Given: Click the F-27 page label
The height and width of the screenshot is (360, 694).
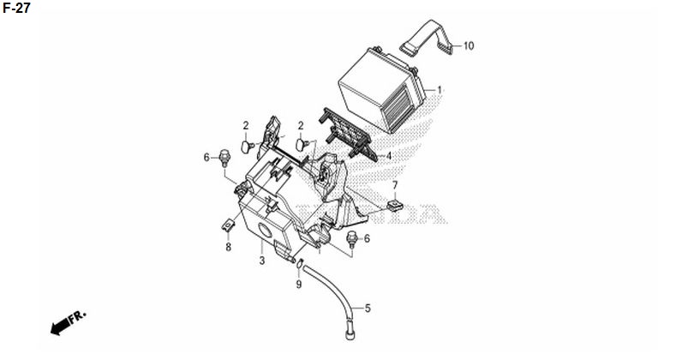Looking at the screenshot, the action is tap(16, 8).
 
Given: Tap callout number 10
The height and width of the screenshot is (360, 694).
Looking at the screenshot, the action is tap(469, 45).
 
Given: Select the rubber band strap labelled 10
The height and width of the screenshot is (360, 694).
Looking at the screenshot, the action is tap(428, 38).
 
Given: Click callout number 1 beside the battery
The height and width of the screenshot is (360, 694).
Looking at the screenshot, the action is tap(440, 90).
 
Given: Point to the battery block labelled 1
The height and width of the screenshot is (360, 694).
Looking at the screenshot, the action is tap(381, 91).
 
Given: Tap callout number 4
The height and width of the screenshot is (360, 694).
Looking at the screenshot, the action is tap(389, 156).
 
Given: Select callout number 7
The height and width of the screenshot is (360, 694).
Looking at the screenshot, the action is tap(395, 185).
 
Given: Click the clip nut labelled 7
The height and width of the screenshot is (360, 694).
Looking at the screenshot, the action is tap(394, 205).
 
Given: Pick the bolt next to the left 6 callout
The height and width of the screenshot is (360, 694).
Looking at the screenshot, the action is tap(224, 158).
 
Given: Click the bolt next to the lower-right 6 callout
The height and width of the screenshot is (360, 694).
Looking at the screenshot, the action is tap(353, 239).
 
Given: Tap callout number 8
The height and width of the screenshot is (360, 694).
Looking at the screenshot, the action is tap(229, 247).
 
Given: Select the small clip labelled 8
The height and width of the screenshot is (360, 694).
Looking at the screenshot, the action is tap(229, 225).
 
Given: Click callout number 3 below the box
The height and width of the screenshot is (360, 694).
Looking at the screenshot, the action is tap(262, 261).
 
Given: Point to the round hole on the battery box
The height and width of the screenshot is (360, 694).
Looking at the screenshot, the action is tap(265, 231).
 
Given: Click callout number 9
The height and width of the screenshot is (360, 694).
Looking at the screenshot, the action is tap(299, 285).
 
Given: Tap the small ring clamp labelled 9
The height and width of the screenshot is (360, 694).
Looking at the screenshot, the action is tap(300, 263).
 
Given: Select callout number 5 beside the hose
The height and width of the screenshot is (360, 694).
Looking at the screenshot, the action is tap(368, 309).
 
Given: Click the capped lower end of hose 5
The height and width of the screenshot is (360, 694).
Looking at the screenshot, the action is tap(350, 332).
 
